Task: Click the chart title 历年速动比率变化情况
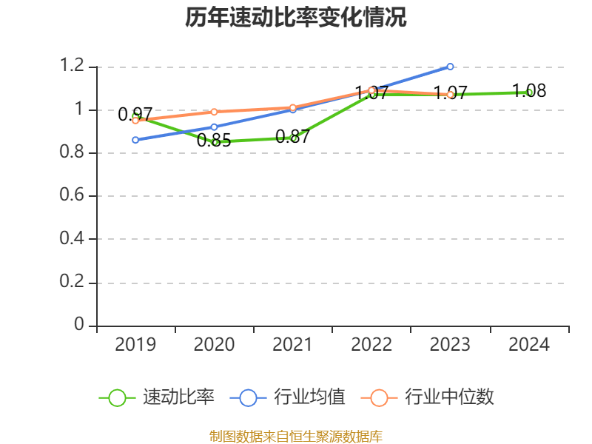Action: [x=296, y=18]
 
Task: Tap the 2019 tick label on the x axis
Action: [x=135, y=345]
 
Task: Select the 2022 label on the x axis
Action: [x=371, y=345]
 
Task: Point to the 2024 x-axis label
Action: [x=529, y=345]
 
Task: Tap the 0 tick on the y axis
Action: [x=80, y=326]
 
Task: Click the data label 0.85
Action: [x=214, y=141]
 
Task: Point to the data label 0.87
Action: [x=292, y=136]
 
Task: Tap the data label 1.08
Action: [x=529, y=91]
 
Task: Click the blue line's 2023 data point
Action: [x=450, y=67]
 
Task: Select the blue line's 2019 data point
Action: [x=135, y=140]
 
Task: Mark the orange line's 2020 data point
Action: [x=214, y=112]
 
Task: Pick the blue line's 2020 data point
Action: [x=214, y=127]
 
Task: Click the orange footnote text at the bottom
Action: [x=296, y=436]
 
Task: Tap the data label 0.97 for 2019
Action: [x=135, y=115]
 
